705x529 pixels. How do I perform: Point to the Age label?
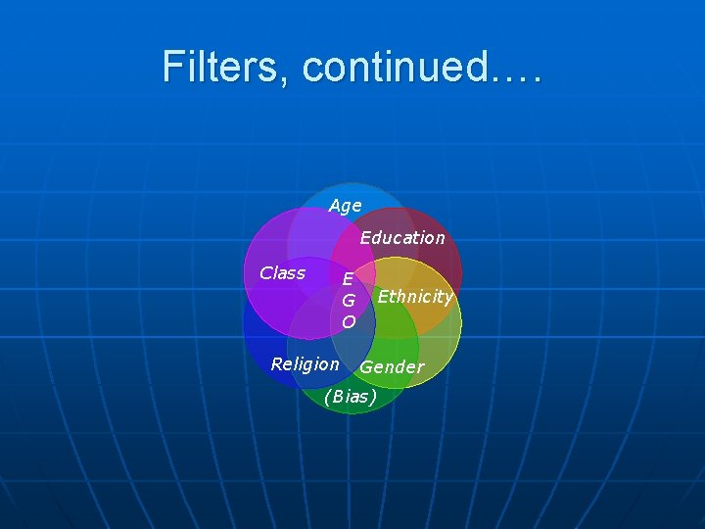345,207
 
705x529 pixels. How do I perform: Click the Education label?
401,238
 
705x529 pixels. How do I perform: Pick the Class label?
282,273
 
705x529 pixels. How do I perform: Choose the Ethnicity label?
415,297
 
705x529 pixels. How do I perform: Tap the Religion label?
305,364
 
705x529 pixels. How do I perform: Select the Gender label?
392,367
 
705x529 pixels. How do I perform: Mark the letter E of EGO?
348,279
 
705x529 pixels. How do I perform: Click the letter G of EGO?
348,301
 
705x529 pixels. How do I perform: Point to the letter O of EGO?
348,321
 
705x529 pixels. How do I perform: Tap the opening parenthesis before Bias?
327,397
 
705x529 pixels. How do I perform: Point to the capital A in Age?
335,207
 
